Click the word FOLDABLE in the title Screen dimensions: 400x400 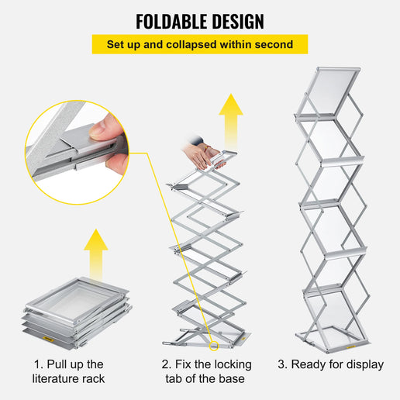(x=170, y=21)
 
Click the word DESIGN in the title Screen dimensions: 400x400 (x=236, y=21)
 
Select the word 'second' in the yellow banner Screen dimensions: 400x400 (x=274, y=45)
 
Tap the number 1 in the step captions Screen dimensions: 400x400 (x=37, y=364)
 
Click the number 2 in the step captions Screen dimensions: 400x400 (x=166, y=364)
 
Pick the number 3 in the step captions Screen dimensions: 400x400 (x=282, y=364)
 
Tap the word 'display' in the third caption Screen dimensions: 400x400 (x=361, y=364)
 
